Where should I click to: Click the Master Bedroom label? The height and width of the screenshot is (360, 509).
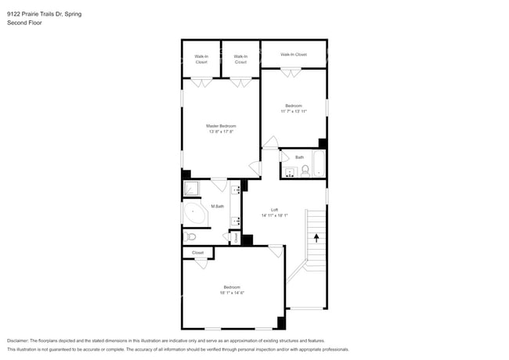pos(221,126)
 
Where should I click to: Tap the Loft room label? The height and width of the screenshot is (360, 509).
pos(274,210)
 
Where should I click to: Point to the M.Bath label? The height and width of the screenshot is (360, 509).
pos(218,207)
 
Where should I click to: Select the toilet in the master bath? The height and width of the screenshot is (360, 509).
pos(191,236)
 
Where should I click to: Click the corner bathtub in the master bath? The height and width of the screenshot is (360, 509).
pos(194,214)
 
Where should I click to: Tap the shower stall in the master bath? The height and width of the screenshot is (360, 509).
pos(191,188)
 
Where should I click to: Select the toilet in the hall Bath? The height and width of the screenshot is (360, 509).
pos(305,170)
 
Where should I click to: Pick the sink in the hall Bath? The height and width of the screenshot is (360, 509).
pos(290,171)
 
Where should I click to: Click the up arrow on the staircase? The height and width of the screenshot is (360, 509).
pos(316,237)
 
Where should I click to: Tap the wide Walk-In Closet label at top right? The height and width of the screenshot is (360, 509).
pos(294,55)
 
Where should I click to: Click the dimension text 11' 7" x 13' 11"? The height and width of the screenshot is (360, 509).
pos(294,111)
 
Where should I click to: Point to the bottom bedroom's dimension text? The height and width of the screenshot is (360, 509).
pos(232,293)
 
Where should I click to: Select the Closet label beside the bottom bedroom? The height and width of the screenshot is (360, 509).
pos(198,252)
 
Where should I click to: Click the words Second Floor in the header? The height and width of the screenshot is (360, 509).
pos(24,23)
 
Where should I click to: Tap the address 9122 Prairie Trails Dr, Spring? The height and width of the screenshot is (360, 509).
pos(44,14)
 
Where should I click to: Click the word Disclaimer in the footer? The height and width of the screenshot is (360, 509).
pos(17,340)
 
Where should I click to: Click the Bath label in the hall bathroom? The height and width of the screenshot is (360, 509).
pos(299,157)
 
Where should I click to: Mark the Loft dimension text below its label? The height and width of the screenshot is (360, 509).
pos(274,215)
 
